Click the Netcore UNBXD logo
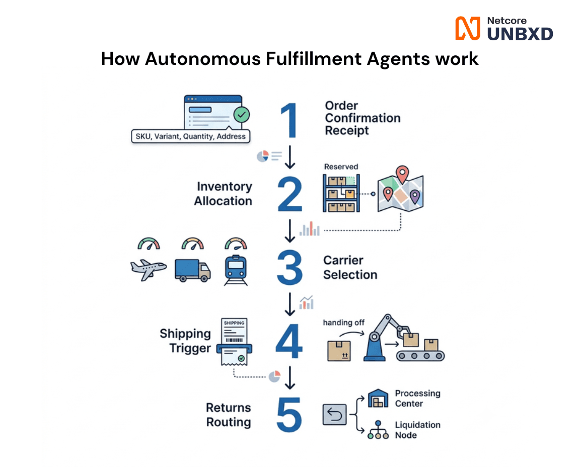coord(504,28)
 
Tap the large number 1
coord(289,120)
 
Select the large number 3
coord(289,267)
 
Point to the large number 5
coord(289,415)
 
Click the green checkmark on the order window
coord(242,115)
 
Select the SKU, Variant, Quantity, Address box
coord(190,136)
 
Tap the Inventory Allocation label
coord(223,193)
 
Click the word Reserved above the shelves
coord(341,167)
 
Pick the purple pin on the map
coord(415,196)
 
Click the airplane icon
coord(149,269)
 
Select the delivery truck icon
coord(193,270)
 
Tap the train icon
coord(236,270)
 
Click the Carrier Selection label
coord(350,267)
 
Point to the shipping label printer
coord(234,342)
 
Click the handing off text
coord(344,323)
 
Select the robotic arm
coord(385,338)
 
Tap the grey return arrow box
coord(334,415)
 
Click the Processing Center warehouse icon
coord(378,398)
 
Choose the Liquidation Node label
coord(417,430)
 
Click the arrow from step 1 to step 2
coord(290,157)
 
